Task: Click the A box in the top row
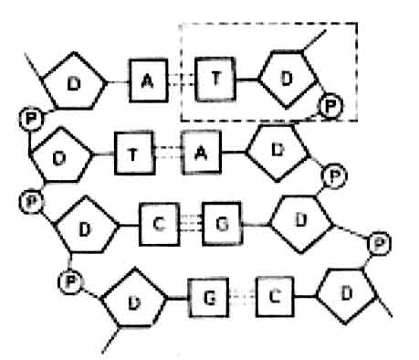147,81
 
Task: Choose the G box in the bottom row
207,294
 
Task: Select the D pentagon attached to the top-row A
74,83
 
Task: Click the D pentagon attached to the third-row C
87,225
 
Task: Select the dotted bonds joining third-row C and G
189,222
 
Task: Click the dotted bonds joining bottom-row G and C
240,294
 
